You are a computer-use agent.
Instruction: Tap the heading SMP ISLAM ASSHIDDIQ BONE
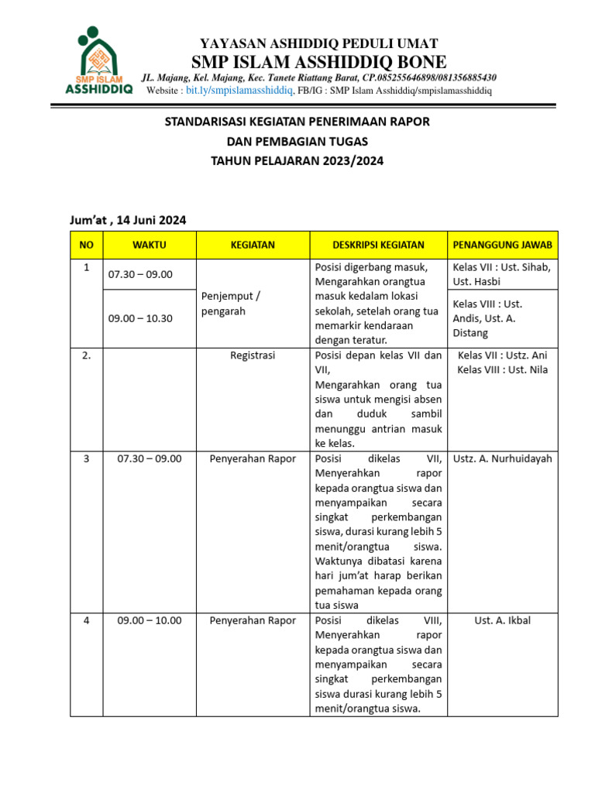pyautogui.click(x=318, y=61)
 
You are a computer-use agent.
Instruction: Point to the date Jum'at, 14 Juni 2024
pyautogui.click(x=128, y=219)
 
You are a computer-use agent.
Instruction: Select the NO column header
pyautogui.click(x=86, y=245)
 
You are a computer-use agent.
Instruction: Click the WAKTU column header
pyautogui.click(x=150, y=245)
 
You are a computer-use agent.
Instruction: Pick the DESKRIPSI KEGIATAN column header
pyautogui.click(x=378, y=245)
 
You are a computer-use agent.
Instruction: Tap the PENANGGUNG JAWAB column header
pyautogui.click(x=502, y=245)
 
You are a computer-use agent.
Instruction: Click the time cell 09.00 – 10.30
pyautogui.click(x=140, y=318)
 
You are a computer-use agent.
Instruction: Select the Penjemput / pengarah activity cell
pyautogui.click(x=231, y=303)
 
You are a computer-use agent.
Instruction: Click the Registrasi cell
pyautogui.click(x=253, y=355)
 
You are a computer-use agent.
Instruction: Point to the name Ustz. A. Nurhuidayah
pyautogui.click(x=502, y=458)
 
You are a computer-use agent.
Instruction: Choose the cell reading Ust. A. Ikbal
pyautogui.click(x=502, y=620)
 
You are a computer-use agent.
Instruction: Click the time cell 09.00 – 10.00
pyautogui.click(x=150, y=620)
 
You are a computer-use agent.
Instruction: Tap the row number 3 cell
pyautogui.click(x=86, y=458)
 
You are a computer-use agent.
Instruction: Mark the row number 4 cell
pyautogui.click(x=86, y=620)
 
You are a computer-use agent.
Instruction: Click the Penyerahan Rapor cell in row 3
pyautogui.click(x=253, y=458)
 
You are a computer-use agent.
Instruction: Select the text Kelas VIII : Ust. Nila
pyautogui.click(x=502, y=369)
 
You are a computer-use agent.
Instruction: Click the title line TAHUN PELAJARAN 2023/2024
pyautogui.click(x=297, y=161)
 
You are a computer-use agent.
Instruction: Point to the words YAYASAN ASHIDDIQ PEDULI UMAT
pyautogui.click(x=318, y=43)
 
